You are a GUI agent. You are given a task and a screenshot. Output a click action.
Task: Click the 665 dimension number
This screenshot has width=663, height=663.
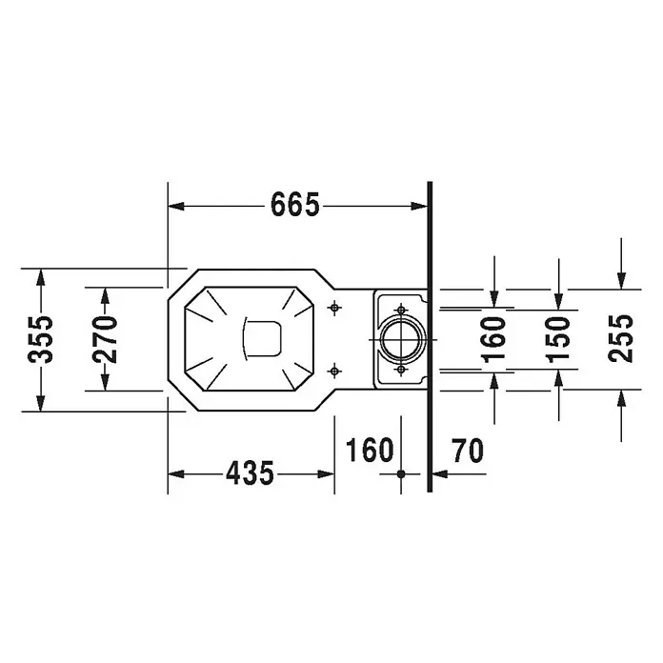(294, 205)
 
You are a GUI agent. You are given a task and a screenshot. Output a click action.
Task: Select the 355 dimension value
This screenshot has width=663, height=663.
(41, 339)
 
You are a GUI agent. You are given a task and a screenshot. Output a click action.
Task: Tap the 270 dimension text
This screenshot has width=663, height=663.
(105, 339)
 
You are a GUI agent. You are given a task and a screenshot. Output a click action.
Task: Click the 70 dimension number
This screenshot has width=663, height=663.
(467, 451)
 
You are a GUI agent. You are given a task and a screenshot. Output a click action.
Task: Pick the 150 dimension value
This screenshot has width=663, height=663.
(558, 340)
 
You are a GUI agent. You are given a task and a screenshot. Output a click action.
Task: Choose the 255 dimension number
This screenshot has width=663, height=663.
(621, 338)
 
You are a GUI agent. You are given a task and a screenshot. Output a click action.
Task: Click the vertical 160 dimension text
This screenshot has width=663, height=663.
(493, 340)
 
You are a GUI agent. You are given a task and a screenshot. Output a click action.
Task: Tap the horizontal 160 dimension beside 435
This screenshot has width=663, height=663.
(370, 450)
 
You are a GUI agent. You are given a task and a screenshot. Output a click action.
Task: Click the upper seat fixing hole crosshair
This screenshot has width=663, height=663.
(335, 308)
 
